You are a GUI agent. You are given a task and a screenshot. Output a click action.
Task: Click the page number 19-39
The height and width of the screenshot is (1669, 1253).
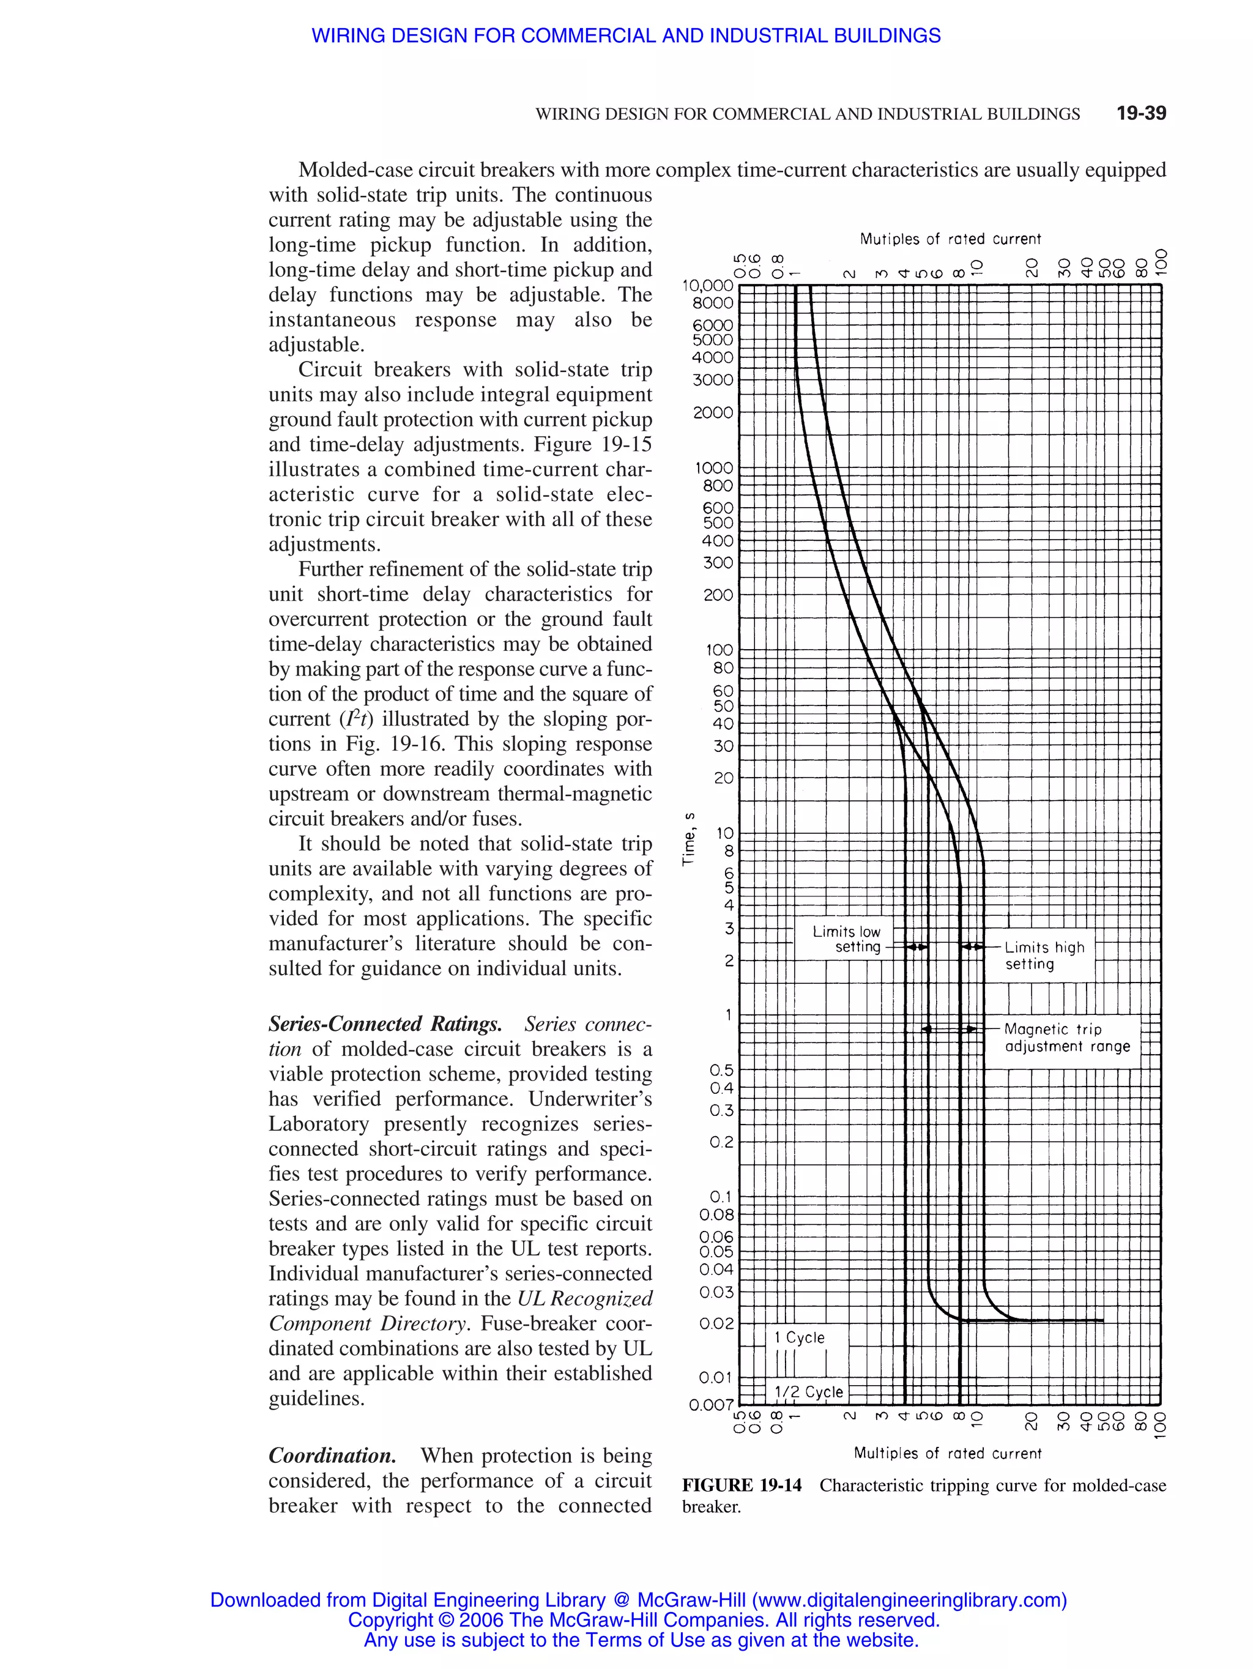point(1140,113)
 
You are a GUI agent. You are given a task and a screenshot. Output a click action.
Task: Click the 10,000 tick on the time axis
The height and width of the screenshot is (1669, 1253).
point(708,285)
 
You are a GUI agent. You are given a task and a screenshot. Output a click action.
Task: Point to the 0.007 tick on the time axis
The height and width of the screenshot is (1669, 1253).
point(710,1405)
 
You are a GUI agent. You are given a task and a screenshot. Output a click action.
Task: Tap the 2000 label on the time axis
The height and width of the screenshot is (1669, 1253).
point(713,413)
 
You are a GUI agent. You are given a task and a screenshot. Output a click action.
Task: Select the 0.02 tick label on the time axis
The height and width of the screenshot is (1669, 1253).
point(716,1323)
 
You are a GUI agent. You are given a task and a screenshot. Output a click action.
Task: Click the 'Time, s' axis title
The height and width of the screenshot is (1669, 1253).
point(688,838)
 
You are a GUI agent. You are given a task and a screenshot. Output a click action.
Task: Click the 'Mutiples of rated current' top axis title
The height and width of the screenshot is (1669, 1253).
point(950,239)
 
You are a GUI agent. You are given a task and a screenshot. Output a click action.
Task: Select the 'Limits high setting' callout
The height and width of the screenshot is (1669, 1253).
point(1044,955)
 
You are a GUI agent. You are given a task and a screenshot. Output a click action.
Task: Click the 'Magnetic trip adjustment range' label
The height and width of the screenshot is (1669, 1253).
point(1066,1038)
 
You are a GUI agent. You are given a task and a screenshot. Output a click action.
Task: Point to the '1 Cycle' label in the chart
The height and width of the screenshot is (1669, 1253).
point(800,1337)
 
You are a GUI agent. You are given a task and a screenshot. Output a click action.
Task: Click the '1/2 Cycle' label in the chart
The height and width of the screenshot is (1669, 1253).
point(809,1391)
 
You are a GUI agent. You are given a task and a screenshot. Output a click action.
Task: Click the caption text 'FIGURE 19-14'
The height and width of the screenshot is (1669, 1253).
point(742,1485)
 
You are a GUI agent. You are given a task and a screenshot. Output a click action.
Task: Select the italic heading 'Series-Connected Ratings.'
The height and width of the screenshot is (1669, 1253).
point(385,1024)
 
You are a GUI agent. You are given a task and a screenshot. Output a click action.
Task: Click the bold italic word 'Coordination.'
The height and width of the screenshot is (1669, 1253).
point(332,1455)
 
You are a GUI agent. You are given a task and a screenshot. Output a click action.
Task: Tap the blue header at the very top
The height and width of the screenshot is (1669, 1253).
point(626,35)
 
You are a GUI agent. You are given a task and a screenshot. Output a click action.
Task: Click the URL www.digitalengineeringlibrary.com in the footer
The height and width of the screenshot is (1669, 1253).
point(910,1600)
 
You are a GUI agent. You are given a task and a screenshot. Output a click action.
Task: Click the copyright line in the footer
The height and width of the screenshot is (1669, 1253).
point(643,1620)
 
